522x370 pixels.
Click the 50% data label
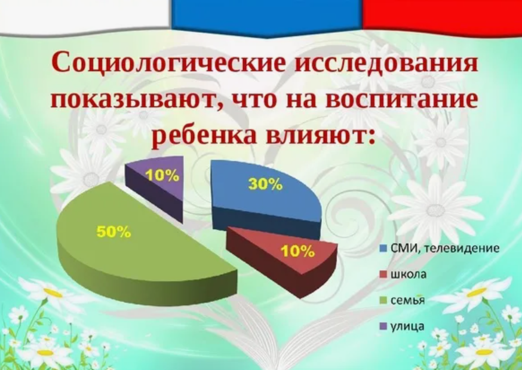[x=114, y=233]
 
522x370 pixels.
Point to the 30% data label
[x=265, y=184]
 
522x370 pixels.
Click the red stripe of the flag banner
[x=442, y=13]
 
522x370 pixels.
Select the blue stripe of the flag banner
[x=266, y=13]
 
